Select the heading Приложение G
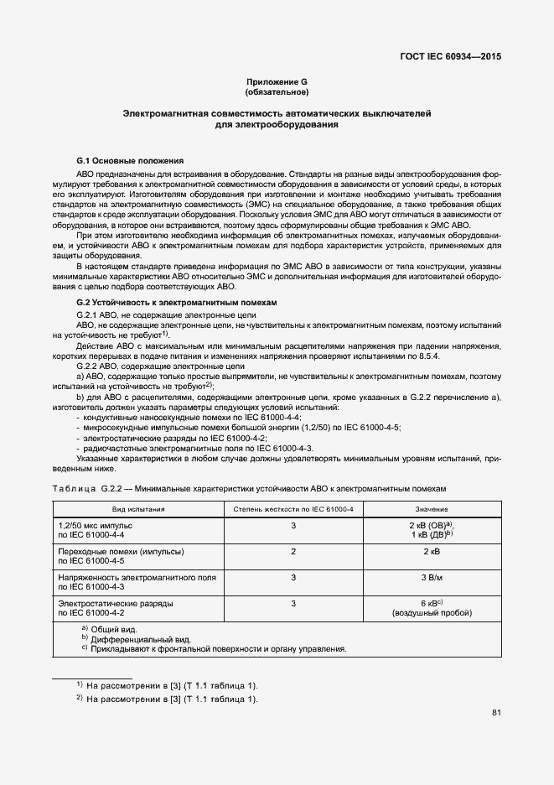pyautogui.click(x=277, y=81)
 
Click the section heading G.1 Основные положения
pyautogui.click(x=129, y=160)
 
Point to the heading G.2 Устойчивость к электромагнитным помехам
pyautogui.click(x=176, y=301)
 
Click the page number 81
pyautogui.click(x=496, y=713)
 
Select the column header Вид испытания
pyautogui.click(x=138, y=509)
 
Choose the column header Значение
pyautogui.click(x=431, y=509)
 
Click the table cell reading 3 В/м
pyautogui.click(x=431, y=578)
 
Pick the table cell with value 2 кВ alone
pyautogui.click(x=431, y=552)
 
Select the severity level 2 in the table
pyautogui.click(x=293, y=552)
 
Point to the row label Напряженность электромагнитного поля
pyautogui.click(x=137, y=578)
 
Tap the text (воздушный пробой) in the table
pyautogui.click(x=431, y=614)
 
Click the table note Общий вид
pyautogui.click(x=113, y=629)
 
